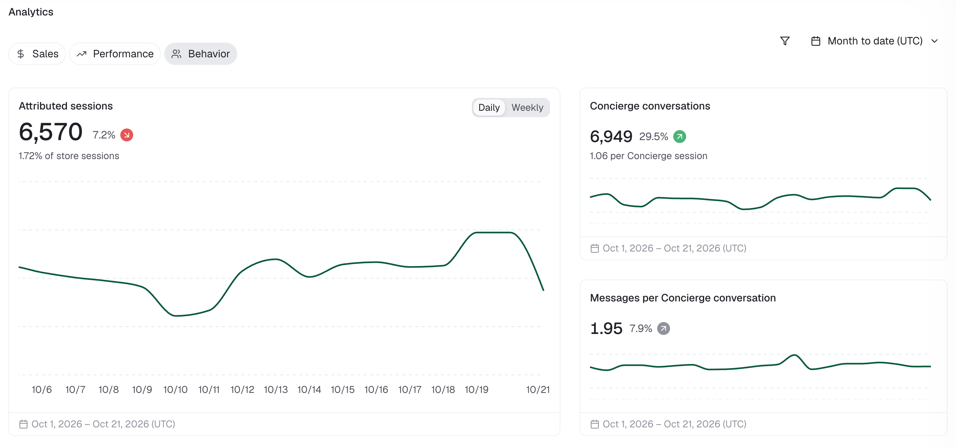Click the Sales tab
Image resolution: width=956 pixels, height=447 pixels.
[37, 54]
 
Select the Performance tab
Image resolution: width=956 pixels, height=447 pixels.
[115, 54]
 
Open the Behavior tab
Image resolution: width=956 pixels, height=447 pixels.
[201, 54]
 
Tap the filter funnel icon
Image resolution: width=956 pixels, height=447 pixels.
[785, 41]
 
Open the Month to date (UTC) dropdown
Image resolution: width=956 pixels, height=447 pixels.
[874, 41]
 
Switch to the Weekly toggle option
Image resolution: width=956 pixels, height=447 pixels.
[527, 107]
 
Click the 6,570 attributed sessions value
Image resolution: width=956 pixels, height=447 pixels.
[51, 132]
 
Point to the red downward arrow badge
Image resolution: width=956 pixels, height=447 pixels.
[126, 135]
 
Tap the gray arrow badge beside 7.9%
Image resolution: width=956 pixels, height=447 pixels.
[664, 328]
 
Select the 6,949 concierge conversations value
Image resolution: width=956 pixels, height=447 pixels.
[611, 136]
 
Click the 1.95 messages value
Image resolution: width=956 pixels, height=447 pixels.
[606, 328]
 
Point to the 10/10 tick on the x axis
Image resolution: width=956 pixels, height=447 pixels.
[176, 389]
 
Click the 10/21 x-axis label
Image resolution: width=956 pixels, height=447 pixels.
[538, 389]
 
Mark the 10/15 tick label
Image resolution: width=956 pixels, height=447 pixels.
[343, 389]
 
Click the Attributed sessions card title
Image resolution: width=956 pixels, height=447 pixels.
[66, 106]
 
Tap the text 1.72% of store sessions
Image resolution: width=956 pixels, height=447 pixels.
[69, 156]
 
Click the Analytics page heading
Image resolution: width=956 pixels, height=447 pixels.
[31, 12]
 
